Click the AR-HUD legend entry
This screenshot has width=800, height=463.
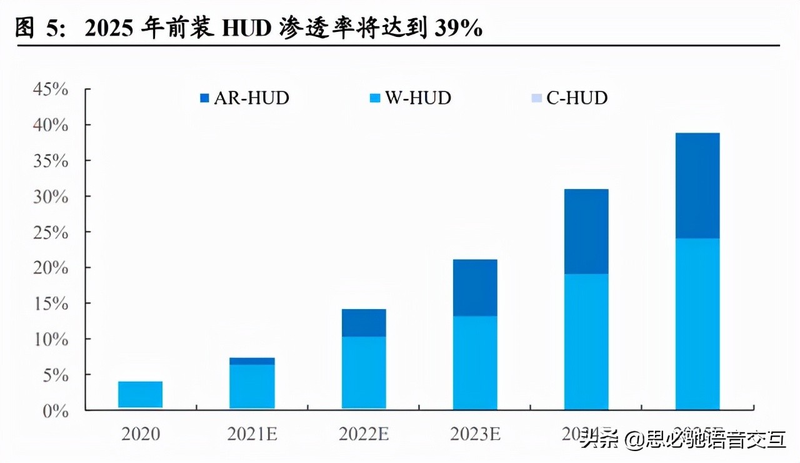coord(244,98)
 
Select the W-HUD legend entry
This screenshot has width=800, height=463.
coord(410,98)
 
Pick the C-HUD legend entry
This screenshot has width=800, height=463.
coord(569,98)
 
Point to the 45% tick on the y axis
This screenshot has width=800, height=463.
coord(51,89)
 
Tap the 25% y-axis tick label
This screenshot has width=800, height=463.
coord(51,232)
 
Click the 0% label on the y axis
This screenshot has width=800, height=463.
coord(55,410)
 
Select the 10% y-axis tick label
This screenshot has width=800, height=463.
coord(51,339)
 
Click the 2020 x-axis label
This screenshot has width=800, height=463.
coord(140,434)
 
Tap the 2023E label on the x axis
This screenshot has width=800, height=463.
coord(474,434)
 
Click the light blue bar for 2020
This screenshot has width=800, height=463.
coord(140,394)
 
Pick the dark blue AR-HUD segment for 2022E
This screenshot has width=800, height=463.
coord(363,323)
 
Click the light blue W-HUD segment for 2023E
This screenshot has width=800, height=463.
coord(474,363)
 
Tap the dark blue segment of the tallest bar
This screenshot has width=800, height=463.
coord(697,185)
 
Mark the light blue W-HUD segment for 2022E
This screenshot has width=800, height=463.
coord(363,373)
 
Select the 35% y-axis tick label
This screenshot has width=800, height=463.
coord(51,161)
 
